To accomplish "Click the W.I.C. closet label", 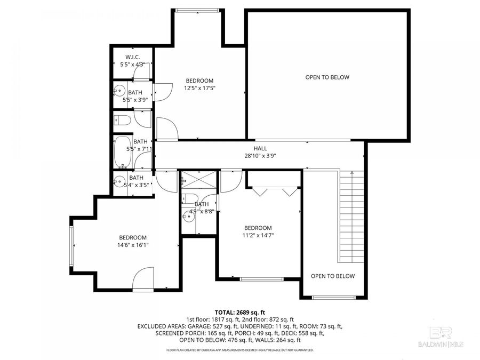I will click(132, 57).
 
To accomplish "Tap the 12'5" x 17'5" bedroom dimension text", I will click(199, 88).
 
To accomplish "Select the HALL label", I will click(260, 148).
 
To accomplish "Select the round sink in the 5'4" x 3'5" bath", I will click(118, 181).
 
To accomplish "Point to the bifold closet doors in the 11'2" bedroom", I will click(274, 191).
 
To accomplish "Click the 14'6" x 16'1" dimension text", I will click(133, 245).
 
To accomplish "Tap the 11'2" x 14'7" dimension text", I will click(258, 235).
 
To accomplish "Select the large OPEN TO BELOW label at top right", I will click(327, 77).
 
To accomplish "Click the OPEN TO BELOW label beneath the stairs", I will click(333, 276).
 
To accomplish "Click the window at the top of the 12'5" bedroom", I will click(197, 10).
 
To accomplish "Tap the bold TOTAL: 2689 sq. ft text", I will click(239, 312).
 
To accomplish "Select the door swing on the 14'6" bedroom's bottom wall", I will click(143, 279).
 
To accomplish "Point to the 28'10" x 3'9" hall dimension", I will click(260, 156).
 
